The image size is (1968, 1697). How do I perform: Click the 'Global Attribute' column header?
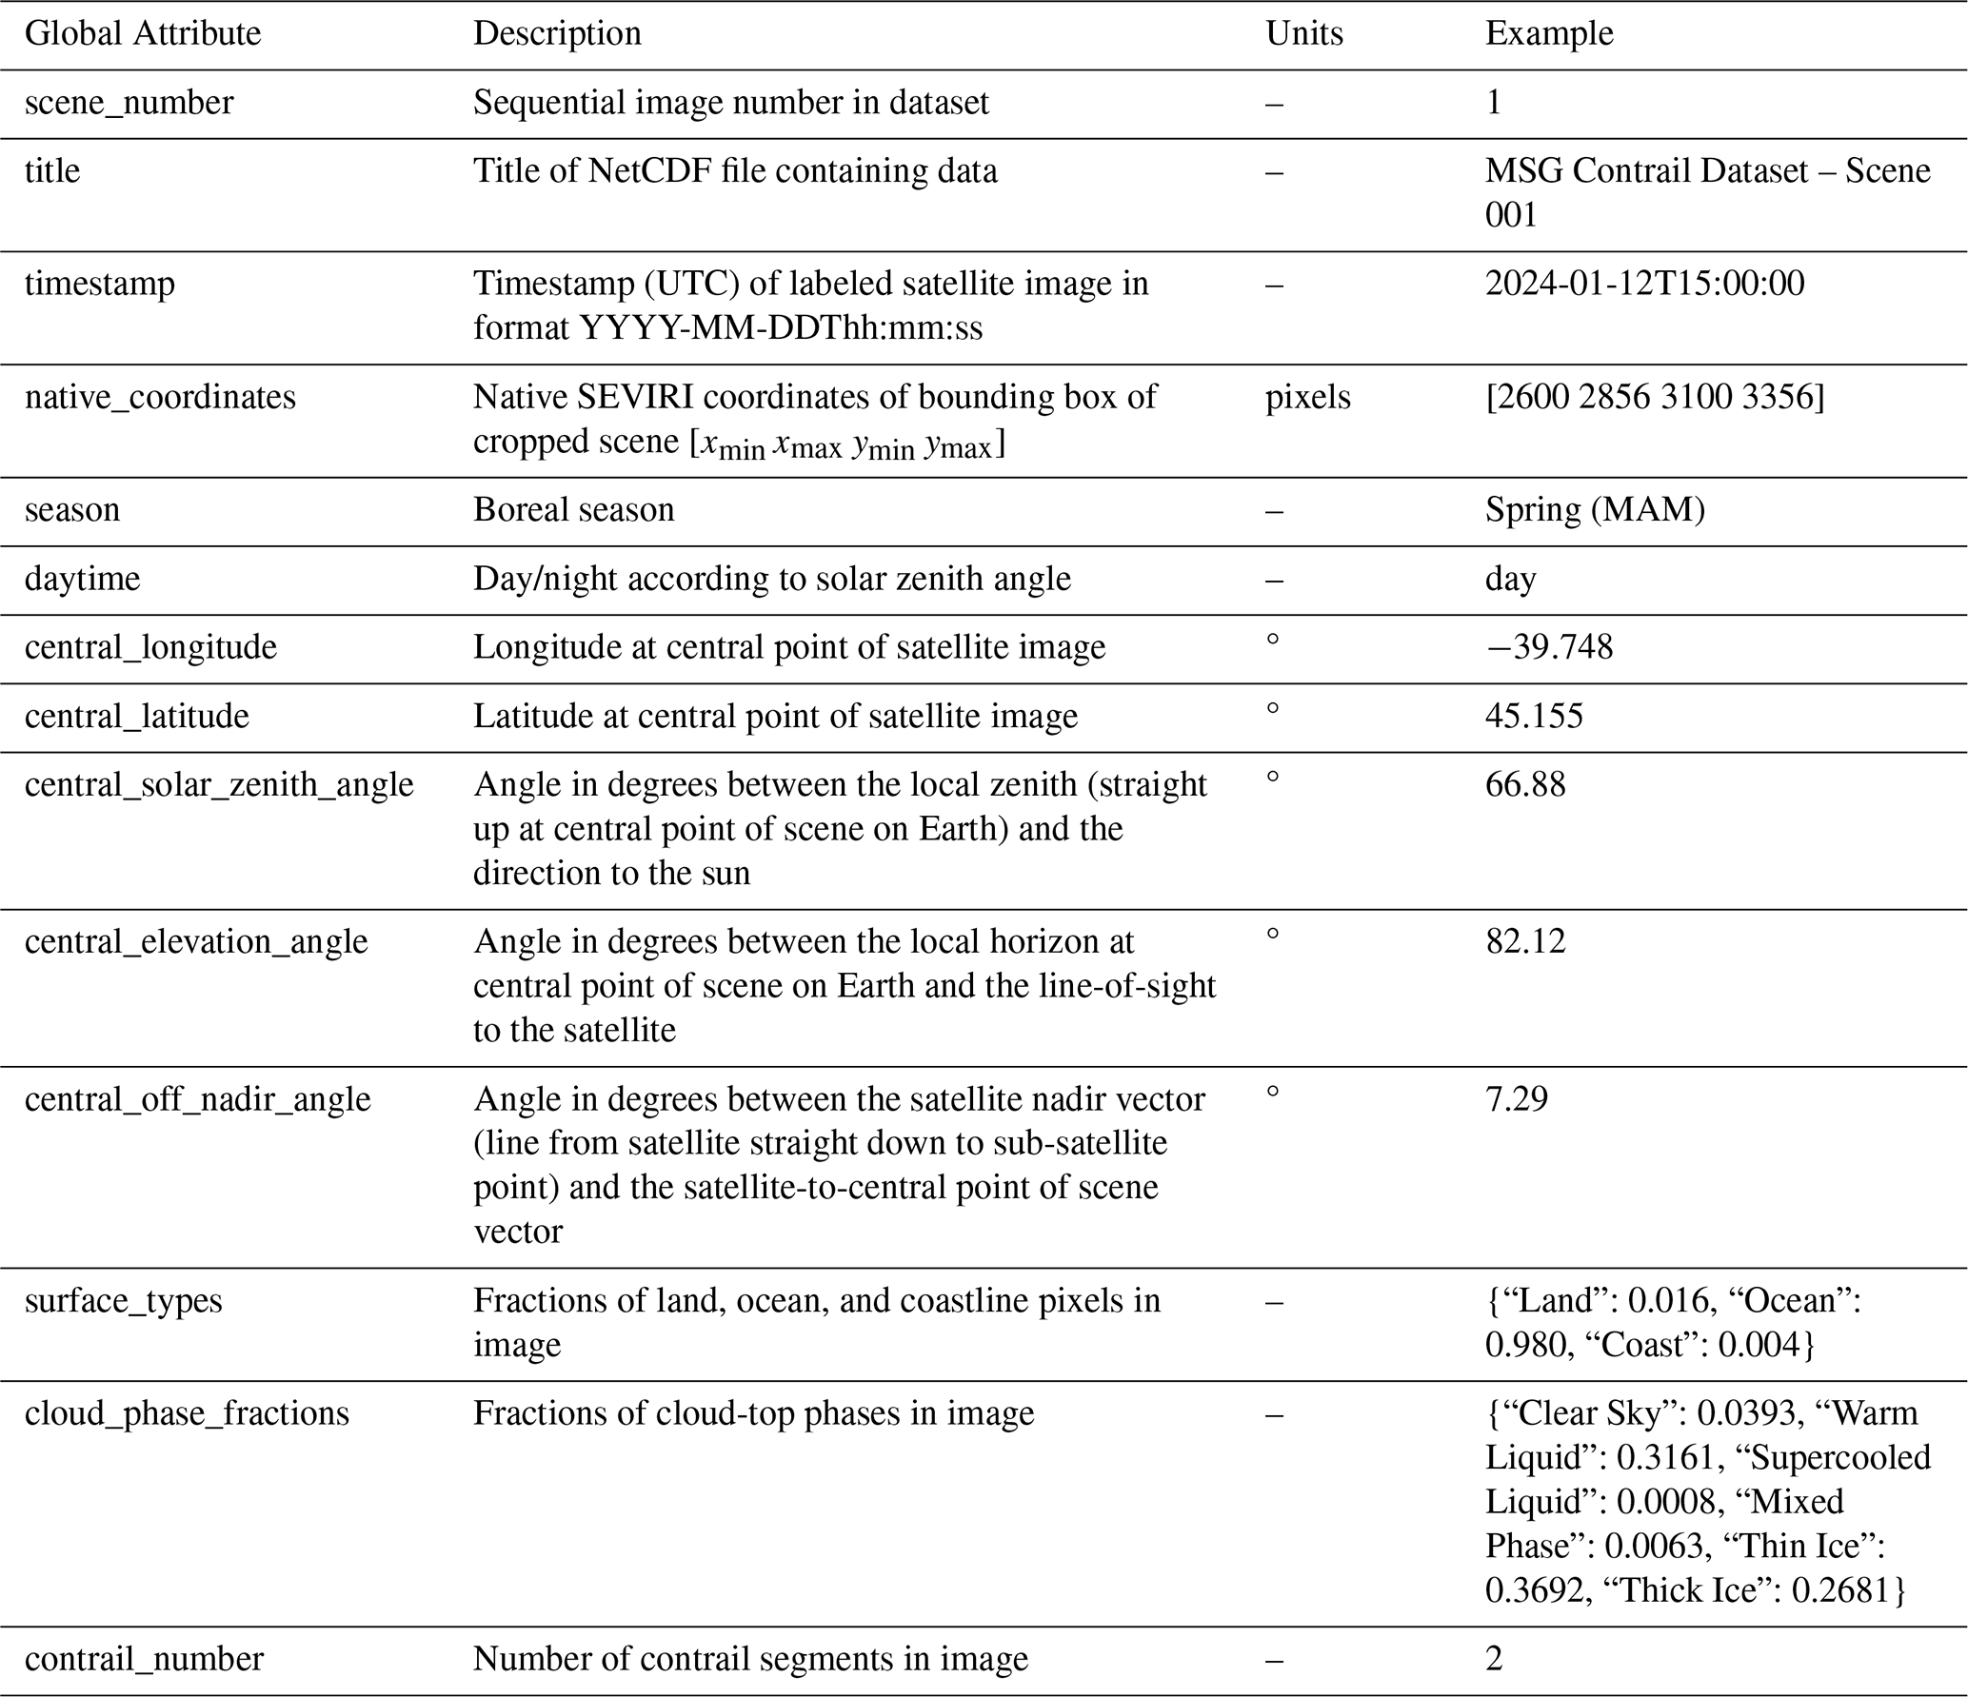[x=143, y=33]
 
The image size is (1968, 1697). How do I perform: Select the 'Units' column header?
[x=1303, y=33]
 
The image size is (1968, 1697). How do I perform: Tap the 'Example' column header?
[x=1548, y=33]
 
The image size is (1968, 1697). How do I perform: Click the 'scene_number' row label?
[x=129, y=102]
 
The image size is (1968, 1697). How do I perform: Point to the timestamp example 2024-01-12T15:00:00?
[x=1644, y=283]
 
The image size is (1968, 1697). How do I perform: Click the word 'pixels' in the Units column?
[x=1307, y=396]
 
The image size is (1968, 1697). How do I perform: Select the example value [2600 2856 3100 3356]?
[x=1655, y=396]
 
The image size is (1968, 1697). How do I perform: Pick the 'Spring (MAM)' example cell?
[x=1595, y=509]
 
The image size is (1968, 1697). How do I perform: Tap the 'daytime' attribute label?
[x=82, y=578]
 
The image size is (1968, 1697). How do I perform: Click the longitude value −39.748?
[x=1549, y=647]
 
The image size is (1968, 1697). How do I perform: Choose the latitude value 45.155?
[x=1534, y=716]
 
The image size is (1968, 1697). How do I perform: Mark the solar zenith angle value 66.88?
[x=1525, y=784]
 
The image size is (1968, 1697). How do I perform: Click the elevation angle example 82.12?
[x=1525, y=941]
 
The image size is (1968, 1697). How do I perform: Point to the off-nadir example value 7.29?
[x=1517, y=1098]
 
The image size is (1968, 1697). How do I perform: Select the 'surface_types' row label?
[x=123, y=1300]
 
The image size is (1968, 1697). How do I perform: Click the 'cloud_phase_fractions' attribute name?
[x=187, y=1412]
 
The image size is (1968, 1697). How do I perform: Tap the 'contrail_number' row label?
[x=144, y=1659]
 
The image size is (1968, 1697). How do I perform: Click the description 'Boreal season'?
[x=573, y=509]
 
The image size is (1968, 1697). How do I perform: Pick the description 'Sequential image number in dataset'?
[x=730, y=102]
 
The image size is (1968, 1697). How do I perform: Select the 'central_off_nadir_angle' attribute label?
[x=197, y=1098]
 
